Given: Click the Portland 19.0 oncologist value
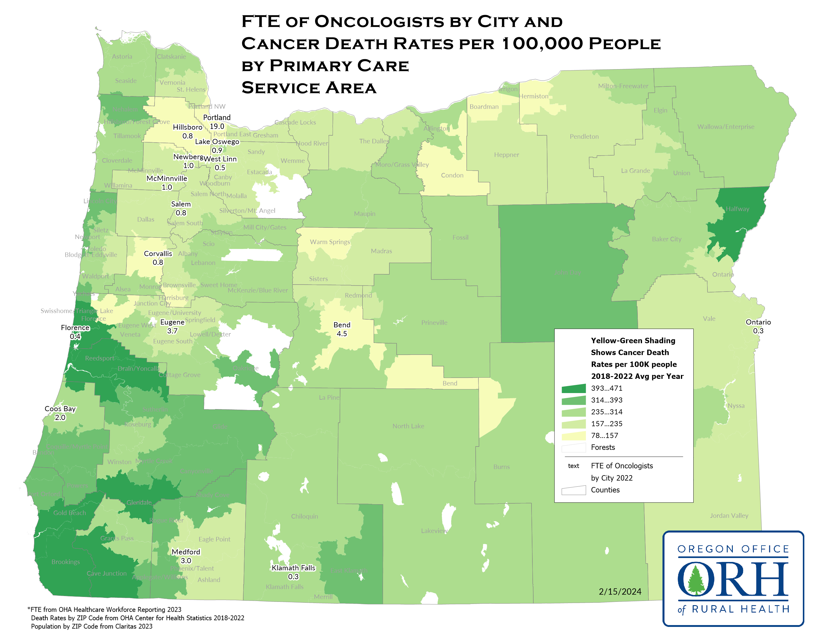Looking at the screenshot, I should click(x=217, y=126).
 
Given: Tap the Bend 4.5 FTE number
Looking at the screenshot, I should click(x=342, y=334).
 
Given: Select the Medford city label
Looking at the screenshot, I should click(x=186, y=551).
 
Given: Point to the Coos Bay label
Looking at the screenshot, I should click(x=60, y=408).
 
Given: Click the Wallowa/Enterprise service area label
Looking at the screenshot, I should click(x=726, y=127).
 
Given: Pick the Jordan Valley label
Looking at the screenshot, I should click(x=729, y=515).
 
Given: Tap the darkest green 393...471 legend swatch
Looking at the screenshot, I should click(x=573, y=388).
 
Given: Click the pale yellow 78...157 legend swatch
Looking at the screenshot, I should click(x=573, y=435).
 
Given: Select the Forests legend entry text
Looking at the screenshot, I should click(x=603, y=447).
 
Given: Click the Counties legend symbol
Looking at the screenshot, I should click(x=573, y=490).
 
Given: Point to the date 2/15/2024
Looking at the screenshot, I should click(x=620, y=592).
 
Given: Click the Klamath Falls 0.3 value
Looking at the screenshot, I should click(x=293, y=576).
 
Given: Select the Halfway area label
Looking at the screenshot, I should click(x=737, y=209).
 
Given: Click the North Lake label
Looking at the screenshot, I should click(x=408, y=426).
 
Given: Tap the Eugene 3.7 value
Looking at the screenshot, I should click(x=172, y=331).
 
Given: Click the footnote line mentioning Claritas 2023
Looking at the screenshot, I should click(x=91, y=626).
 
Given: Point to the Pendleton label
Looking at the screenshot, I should click(x=584, y=137).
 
